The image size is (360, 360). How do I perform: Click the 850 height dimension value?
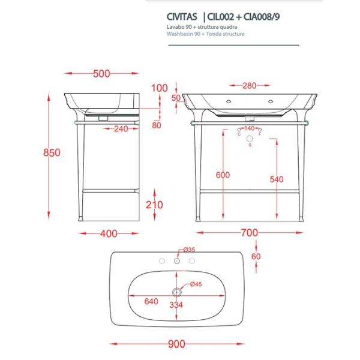click(52, 152)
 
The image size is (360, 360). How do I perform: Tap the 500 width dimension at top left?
click(102, 74)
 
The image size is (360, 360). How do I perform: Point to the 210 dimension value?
click(154, 205)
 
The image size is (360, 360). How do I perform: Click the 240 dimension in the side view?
click(122, 128)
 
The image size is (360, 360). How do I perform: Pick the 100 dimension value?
click(159, 88)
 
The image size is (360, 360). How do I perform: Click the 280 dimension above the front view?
click(250, 85)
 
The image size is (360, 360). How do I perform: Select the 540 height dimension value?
click(277, 179)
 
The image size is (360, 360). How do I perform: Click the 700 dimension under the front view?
click(250, 232)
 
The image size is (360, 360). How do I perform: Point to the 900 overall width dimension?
click(176, 344)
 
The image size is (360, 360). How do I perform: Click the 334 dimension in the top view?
click(176, 304)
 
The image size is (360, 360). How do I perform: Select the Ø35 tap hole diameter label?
click(188, 250)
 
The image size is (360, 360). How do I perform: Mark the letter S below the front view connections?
click(250, 146)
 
